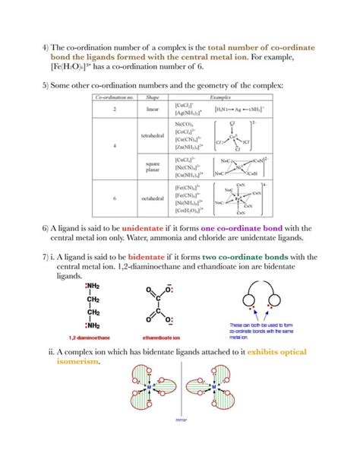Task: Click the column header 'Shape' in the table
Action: point(153,98)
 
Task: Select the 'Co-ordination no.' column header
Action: point(115,98)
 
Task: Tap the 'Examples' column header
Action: point(219,98)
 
